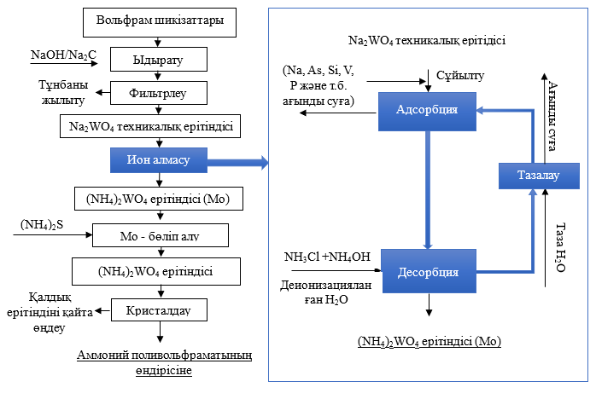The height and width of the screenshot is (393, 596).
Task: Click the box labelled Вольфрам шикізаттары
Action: (x=160, y=20)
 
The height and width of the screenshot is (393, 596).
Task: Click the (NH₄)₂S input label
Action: (x=41, y=226)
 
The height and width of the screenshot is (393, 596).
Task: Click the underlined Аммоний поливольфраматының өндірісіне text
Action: (x=160, y=362)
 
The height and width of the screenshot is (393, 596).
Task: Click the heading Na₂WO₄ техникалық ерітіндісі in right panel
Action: (x=426, y=40)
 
